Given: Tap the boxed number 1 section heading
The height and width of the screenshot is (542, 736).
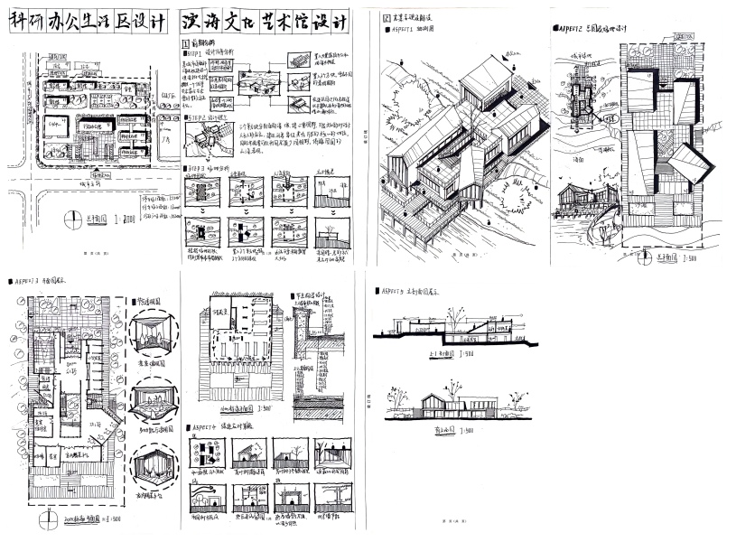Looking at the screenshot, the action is pos(185,42).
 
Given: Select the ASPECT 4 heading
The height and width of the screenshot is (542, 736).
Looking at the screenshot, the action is pos(207,426).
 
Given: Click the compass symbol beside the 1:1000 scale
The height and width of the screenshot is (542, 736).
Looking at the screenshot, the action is pos(73,217).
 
